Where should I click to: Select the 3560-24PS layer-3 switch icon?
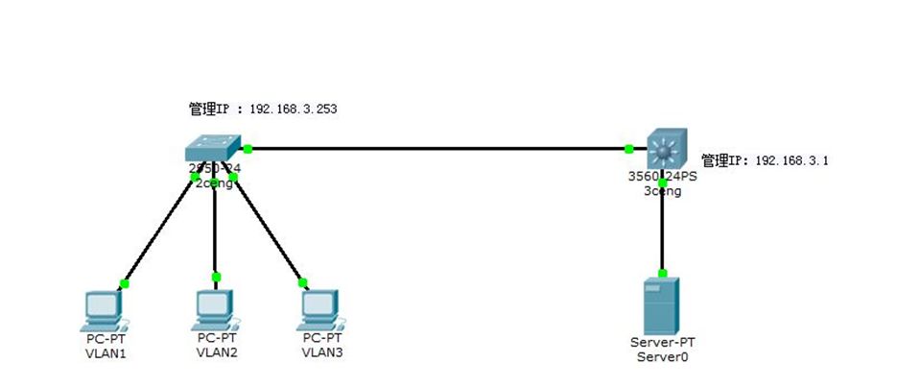(x=662, y=150)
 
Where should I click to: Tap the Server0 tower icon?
(x=662, y=304)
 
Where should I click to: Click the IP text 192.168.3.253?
(x=293, y=109)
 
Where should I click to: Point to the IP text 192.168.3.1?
(x=790, y=161)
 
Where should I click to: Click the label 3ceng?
(x=662, y=191)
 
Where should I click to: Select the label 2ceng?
(x=216, y=182)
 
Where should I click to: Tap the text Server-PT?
(x=662, y=343)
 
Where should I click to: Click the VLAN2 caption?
(x=216, y=352)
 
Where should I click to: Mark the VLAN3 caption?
(x=321, y=352)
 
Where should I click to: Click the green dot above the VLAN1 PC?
(x=124, y=283)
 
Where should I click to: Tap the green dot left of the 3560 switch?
(x=628, y=149)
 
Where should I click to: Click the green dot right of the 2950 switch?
(x=248, y=149)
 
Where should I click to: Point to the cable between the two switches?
(x=436, y=149)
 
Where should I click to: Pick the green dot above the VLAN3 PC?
(x=303, y=282)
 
